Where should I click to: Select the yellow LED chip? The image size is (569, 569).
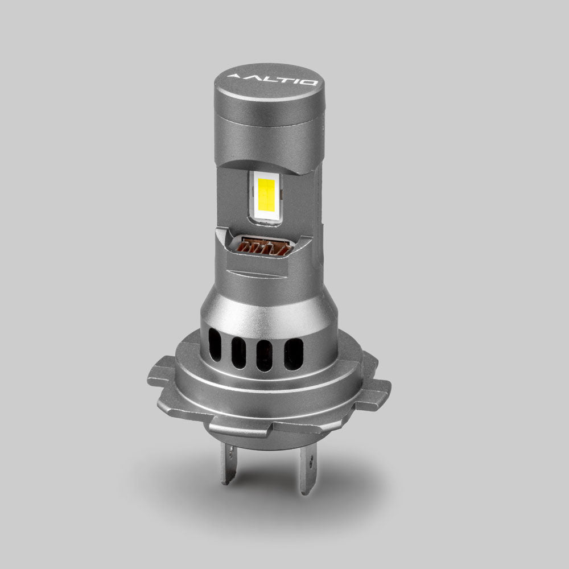click(x=265, y=197)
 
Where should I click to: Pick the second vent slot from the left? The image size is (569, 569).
click(x=239, y=353)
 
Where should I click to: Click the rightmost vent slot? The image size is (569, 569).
click(x=293, y=353)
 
